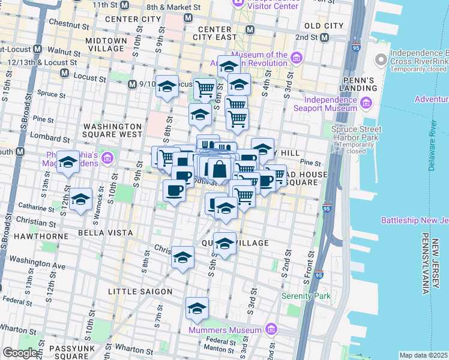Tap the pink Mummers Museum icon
(270, 329)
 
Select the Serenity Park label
(307, 296)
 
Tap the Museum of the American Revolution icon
(296, 58)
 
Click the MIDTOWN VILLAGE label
(106, 45)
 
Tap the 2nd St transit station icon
(325, 38)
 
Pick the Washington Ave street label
(37, 265)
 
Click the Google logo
(19, 353)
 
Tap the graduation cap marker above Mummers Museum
(197, 308)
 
